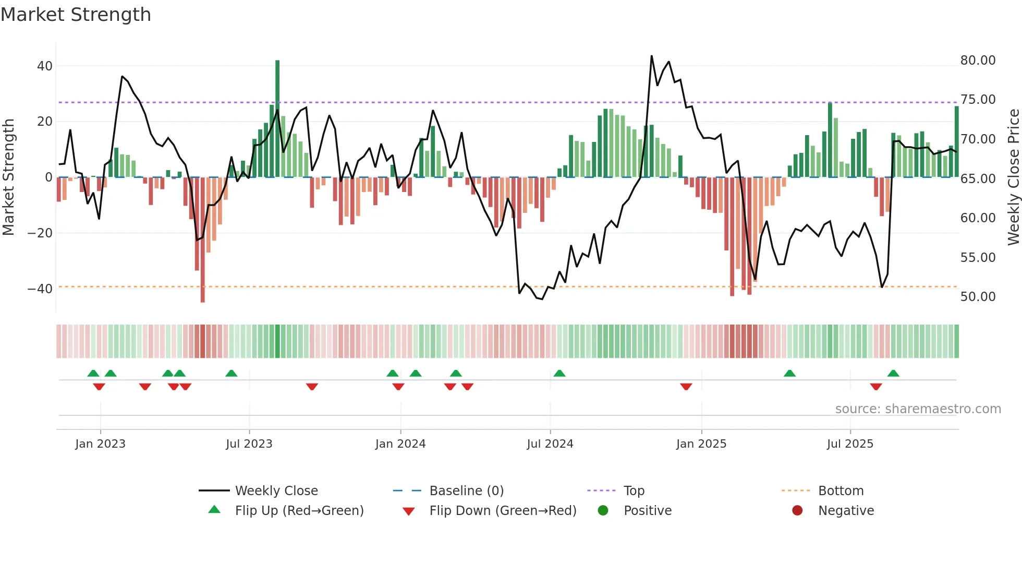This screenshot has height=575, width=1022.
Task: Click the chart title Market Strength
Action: (76, 15)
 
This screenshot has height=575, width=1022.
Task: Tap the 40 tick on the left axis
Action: (45, 66)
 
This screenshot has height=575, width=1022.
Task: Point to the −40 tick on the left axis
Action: (40, 289)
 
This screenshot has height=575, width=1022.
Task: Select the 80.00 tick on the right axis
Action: (978, 61)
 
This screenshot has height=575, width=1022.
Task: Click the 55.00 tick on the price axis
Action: (978, 257)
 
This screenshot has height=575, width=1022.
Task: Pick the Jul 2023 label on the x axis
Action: (249, 444)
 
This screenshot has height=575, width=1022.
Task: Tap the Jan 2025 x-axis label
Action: (701, 444)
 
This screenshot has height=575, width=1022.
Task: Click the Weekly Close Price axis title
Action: (1013, 177)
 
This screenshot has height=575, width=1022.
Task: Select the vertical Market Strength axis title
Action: (8, 177)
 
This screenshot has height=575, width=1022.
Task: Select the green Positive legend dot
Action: (603, 511)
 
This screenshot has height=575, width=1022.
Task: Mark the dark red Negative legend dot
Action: (797, 511)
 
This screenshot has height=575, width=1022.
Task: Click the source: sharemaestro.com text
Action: (918, 409)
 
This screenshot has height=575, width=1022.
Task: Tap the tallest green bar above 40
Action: (277, 104)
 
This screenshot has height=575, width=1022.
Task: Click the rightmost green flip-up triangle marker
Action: (893, 374)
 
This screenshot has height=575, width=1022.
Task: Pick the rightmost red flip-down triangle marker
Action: (876, 387)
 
